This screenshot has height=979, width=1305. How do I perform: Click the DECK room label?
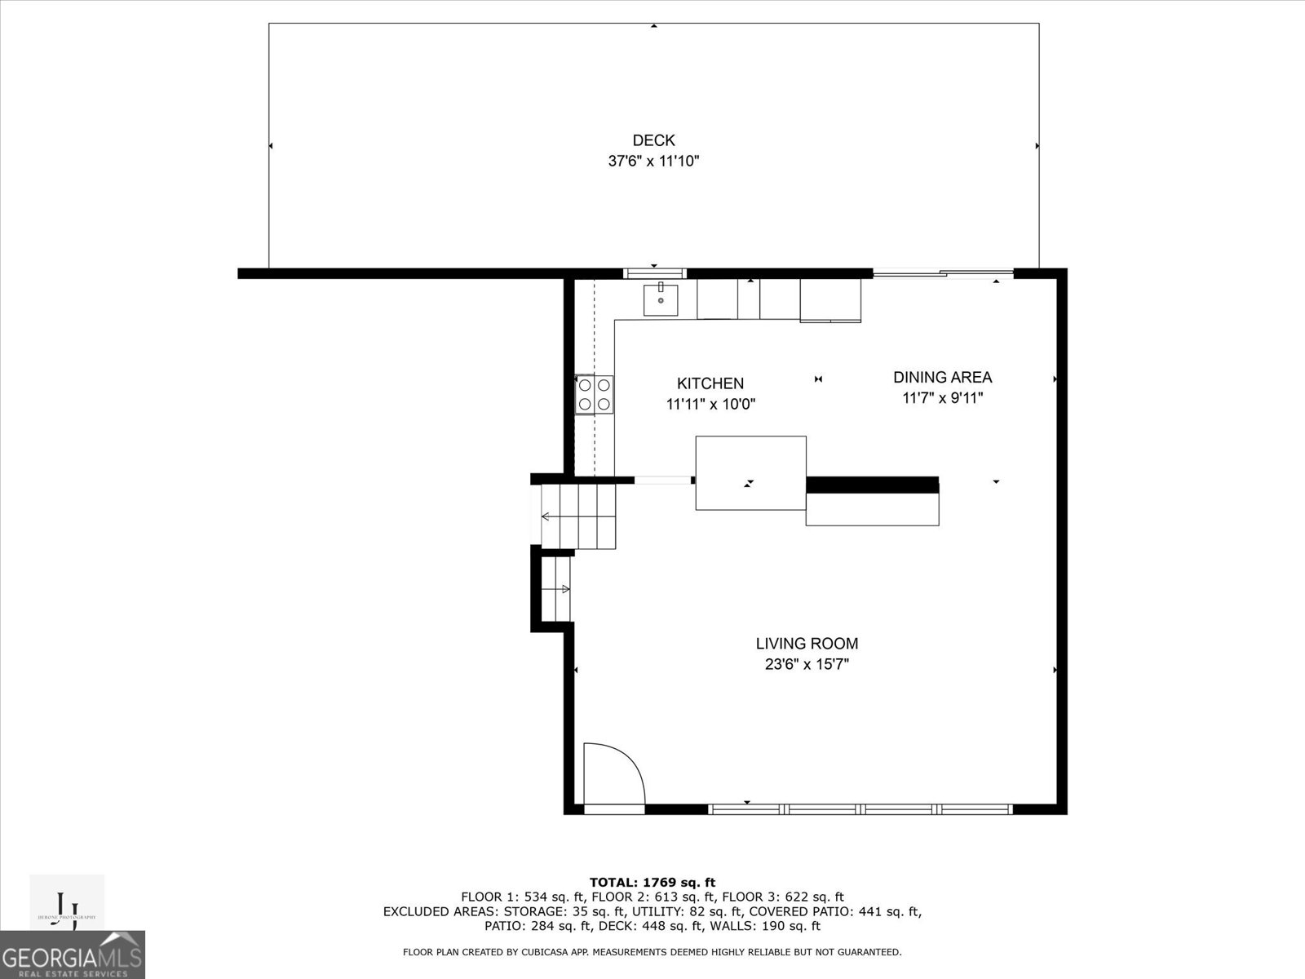click(x=653, y=140)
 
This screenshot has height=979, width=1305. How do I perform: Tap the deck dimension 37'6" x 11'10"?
click(x=653, y=162)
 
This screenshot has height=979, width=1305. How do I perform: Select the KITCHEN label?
click(x=710, y=383)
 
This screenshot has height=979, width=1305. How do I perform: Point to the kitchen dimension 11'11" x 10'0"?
click(x=710, y=404)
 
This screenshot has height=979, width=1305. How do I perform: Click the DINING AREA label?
click(x=942, y=377)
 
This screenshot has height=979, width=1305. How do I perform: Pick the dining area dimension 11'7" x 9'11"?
click(x=942, y=398)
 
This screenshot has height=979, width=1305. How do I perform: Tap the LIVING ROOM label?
click(x=806, y=644)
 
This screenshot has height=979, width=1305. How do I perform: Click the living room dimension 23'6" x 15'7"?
click(x=806, y=665)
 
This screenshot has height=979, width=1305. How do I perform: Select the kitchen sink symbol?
click(x=660, y=299)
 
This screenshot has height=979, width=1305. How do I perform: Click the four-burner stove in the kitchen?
click(x=594, y=394)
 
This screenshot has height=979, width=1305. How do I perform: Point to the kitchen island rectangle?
click(x=750, y=473)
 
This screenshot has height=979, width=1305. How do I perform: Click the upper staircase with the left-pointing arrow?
click(x=577, y=516)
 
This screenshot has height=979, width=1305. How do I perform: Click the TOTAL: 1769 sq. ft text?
click(x=652, y=882)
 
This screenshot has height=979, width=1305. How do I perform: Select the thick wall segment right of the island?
click(x=872, y=485)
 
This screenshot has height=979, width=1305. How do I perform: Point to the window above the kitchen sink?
click(x=654, y=272)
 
